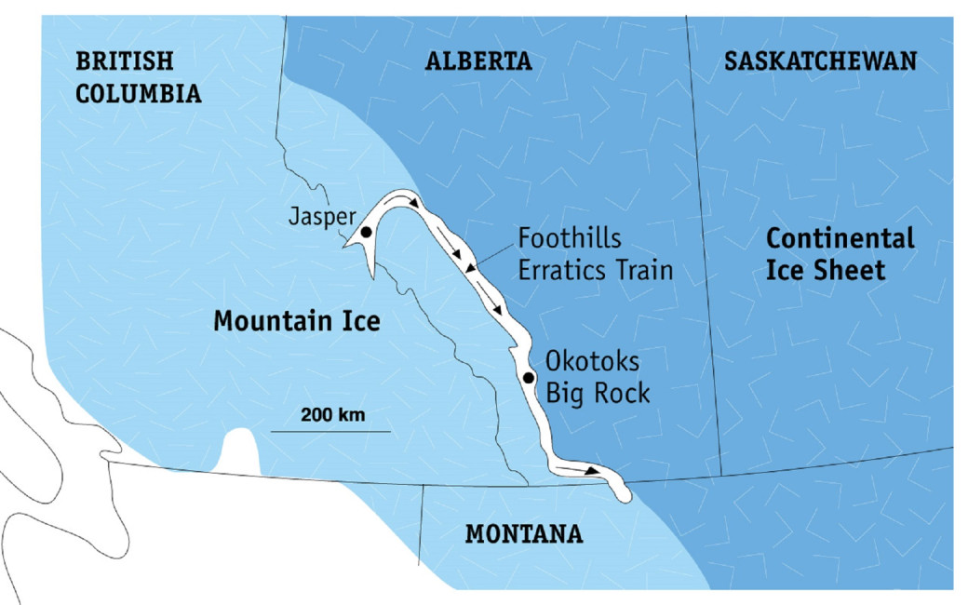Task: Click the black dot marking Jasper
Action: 367,231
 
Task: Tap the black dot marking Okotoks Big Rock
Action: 528,378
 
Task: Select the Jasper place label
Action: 321,217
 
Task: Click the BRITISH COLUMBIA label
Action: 139,77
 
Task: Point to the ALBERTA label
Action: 478,62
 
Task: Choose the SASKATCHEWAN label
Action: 820,62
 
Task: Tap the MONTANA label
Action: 524,534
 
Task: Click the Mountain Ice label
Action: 297,322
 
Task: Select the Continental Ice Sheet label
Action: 840,254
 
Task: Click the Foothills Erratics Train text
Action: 595,254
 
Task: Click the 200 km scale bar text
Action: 332,415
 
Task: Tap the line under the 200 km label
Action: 330,431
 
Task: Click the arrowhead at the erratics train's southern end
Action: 592,471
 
